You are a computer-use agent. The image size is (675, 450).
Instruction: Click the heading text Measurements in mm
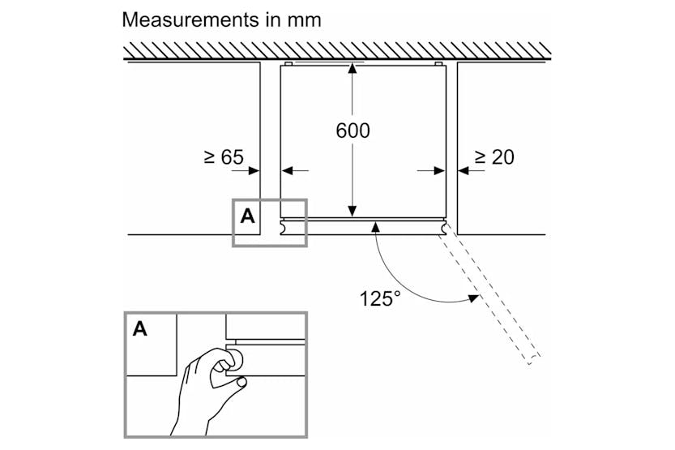point(221,20)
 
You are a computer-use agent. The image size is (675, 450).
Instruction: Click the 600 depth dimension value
point(352,130)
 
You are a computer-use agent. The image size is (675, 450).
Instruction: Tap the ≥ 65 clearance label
point(223,157)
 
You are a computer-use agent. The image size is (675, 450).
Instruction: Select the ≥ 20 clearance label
point(493,157)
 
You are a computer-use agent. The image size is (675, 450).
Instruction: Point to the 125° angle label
point(381,298)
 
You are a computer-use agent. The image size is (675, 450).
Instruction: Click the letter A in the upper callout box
point(247,216)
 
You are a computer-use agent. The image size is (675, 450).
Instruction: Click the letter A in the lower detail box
point(140,329)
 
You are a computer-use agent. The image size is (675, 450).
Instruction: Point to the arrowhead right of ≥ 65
point(254,170)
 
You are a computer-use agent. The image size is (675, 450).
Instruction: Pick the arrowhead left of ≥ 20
point(463,170)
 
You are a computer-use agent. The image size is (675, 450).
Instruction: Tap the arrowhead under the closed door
point(374,226)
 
